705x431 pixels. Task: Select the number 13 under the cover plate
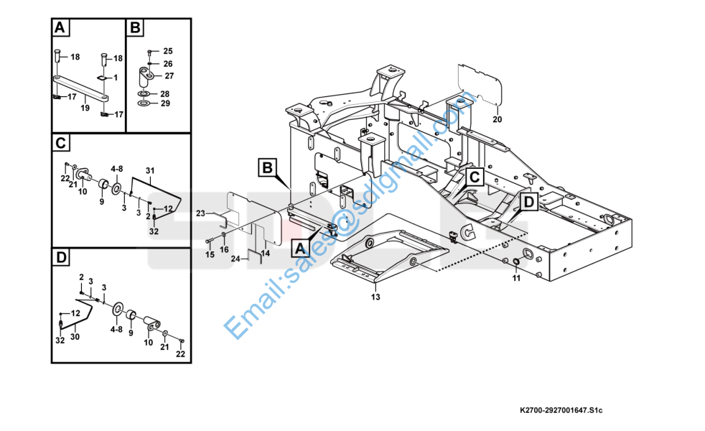tap(375, 296)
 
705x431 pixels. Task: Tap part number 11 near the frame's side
tap(515, 278)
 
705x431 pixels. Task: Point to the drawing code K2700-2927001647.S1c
tap(561, 411)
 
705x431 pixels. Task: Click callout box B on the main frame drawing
tap(267, 169)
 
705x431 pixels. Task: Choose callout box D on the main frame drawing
tap(528, 203)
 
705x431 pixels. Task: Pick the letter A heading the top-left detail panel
tap(60, 29)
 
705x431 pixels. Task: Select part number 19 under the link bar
tap(85, 108)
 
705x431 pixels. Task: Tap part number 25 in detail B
tap(168, 51)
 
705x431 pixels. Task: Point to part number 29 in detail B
tap(165, 103)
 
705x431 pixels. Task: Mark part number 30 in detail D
tap(74, 336)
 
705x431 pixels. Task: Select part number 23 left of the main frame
tap(201, 213)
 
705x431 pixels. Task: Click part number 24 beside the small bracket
tap(235, 259)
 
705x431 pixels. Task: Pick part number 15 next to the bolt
tap(210, 254)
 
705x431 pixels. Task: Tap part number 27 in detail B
tap(169, 75)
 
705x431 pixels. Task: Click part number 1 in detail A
tap(116, 77)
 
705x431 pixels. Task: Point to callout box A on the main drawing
tap(300, 249)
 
